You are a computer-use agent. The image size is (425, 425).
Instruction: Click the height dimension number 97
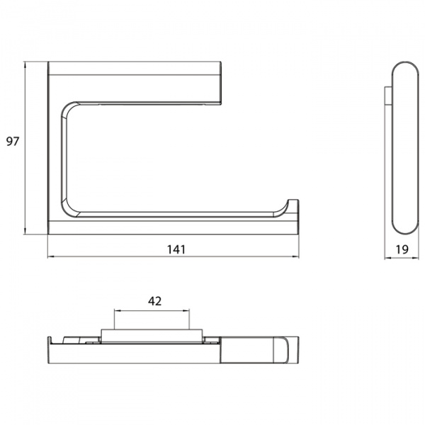[x=13, y=142]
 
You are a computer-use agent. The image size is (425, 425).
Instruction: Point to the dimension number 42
[x=154, y=300]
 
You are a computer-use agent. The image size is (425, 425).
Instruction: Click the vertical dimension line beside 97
[x=26, y=149]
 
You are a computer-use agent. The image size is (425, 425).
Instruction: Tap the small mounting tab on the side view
[x=387, y=99]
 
